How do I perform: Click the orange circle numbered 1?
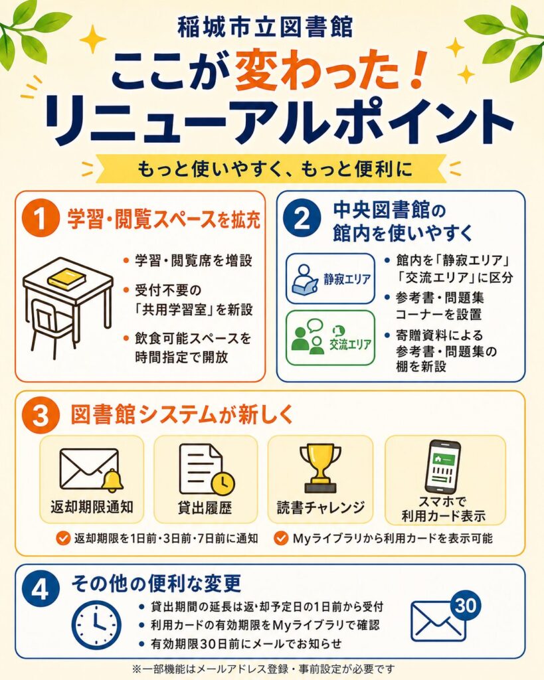(41, 219)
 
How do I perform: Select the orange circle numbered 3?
(40, 416)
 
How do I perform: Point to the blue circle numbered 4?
(40, 590)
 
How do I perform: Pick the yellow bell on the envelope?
(112, 481)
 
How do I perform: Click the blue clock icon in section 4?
(96, 625)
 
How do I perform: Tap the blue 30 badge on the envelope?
(466, 606)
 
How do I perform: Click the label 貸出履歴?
(205, 507)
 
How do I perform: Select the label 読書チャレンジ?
(321, 507)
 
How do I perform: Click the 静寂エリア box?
(330, 278)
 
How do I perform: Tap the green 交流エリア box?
(330, 337)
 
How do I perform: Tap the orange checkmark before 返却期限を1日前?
(63, 539)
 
